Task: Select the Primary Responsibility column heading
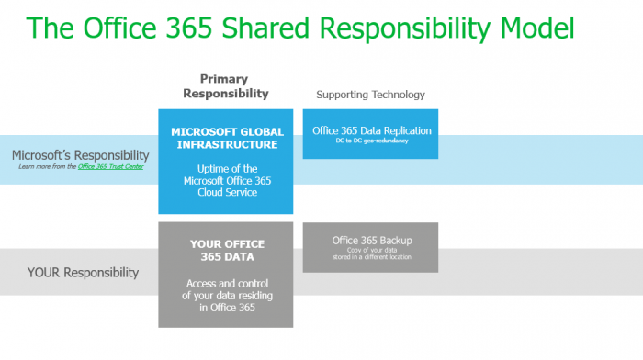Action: pyautogui.click(x=226, y=86)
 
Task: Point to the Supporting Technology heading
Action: pyautogui.click(x=370, y=95)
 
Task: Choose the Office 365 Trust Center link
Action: pyautogui.click(x=113, y=166)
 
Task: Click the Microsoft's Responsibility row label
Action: pyautogui.click(x=81, y=155)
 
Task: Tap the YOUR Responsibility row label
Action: pyautogui.click(x=84, y=272)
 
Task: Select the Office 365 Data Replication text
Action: pyautogui.click(x=371, y=130)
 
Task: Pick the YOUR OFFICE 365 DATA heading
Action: pyautogui.click(x=226, y=251)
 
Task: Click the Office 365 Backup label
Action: pyautogui.click(x=371, y=240)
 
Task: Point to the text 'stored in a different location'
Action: pyautogui.click(x=371, y=257)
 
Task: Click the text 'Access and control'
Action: pyautogui.click(x=226, y=283)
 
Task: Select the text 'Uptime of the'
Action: pyautogui.click(x=226, y=168)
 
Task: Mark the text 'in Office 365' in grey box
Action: pyautogui.click(x=226, y=309)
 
